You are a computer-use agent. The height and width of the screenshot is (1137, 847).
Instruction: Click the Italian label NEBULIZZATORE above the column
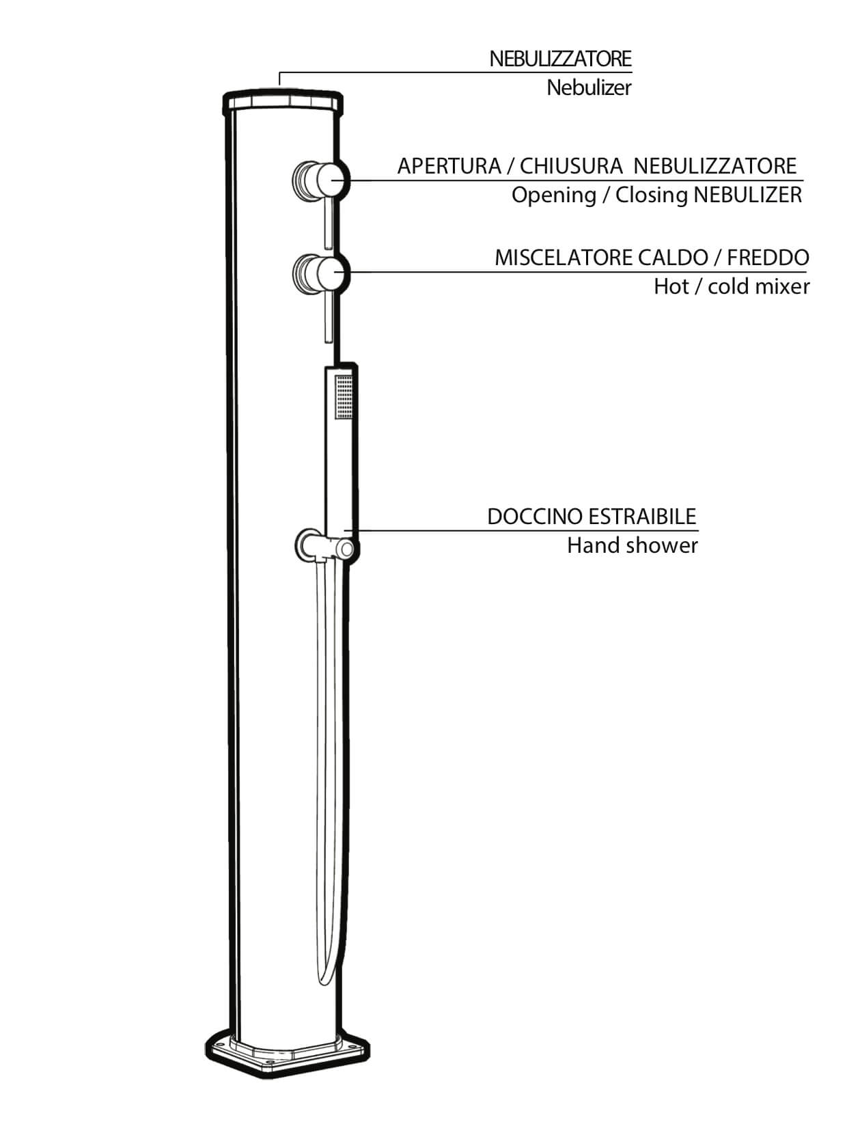coord(560,59)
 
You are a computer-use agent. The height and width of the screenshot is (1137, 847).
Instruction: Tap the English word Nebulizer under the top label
coord(589,87)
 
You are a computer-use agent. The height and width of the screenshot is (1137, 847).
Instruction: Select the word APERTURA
coord(449,166)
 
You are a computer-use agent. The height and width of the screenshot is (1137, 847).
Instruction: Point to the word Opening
coord(553,196)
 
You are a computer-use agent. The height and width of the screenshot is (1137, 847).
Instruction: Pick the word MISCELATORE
coord(564,258)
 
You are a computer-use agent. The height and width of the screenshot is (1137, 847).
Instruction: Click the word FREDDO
coord(768,258)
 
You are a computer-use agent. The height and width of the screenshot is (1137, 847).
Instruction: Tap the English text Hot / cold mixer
coord(732,286)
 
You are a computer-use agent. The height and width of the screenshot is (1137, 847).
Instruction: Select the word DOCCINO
coord(533,517)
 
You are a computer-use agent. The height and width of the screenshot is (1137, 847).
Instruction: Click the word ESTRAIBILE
coord(643,517)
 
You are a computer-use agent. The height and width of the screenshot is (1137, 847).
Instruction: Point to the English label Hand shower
coord(632,545)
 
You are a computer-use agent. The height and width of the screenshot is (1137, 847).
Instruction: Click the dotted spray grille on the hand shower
coord(344,397)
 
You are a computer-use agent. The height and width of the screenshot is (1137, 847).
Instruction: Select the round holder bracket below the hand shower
coord(327,546)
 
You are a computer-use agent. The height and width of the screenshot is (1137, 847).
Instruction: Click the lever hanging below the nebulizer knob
coord(328,223)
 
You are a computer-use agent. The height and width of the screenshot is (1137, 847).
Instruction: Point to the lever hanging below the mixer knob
coord(328,316)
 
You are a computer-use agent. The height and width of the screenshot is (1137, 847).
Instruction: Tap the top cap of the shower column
coord(283,102)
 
